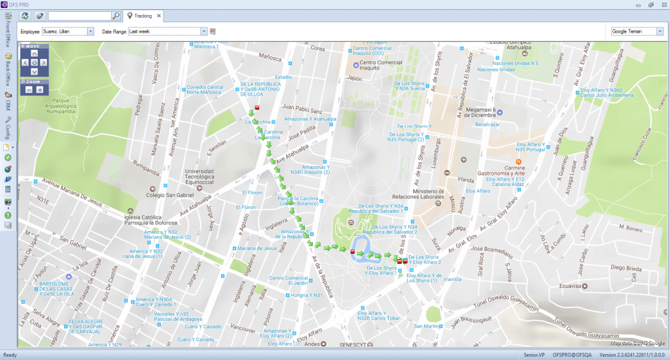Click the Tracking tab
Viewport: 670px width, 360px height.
[x=143, y=15]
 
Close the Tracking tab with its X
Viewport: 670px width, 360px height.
[x=159, y=15]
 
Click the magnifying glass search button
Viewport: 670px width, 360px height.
[x=116, y=15]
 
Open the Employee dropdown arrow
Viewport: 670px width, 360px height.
[x=91, y=31]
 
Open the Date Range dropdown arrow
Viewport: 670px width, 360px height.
[x=203, y=31]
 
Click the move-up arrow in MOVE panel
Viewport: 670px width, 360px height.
[x=35, y=54]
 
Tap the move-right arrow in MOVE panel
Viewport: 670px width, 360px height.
[x=43, y=62]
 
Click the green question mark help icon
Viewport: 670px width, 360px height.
[x=8, y=215]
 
